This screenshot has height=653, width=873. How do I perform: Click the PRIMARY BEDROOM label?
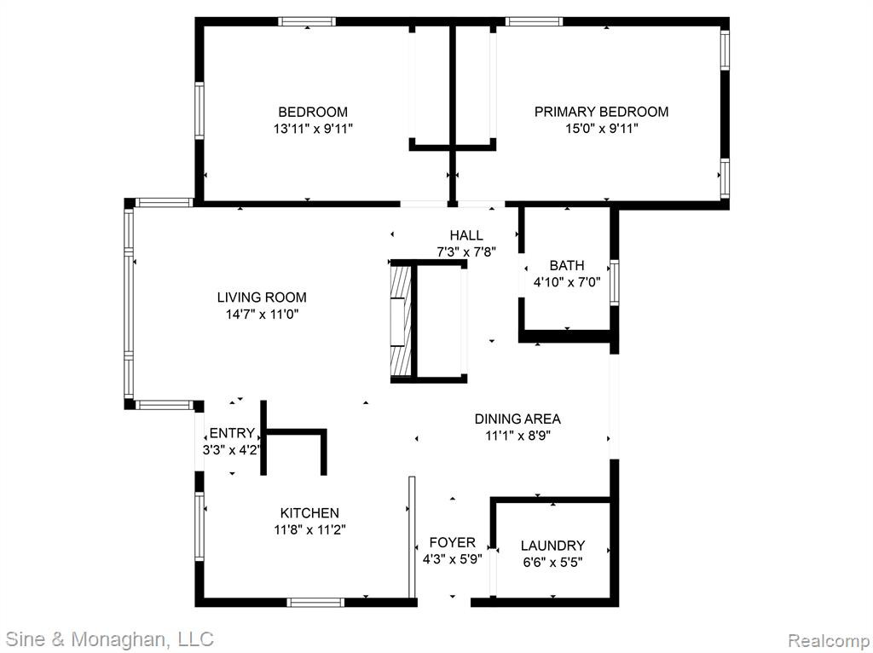(x=601, y=112)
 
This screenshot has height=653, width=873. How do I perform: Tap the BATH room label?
(x=567, y=265)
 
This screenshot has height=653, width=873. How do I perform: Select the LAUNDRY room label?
(x=552, y=546)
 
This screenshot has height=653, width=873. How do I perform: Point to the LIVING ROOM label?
(x=262, y=298)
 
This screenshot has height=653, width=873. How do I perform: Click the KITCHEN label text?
(x=309, y=512)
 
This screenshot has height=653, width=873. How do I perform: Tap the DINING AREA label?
(x=517, y=419)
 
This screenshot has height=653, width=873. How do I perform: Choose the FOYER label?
(x=452, y=542)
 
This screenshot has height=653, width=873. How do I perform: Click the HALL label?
(x=466, y=235)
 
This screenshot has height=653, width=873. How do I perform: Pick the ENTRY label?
(x=232, y=432)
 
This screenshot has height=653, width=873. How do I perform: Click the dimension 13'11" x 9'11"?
(x=313, y=129)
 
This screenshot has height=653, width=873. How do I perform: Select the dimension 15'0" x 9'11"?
(x=602, y=129)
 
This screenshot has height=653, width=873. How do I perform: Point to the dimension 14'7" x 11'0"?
(x=262, y=315)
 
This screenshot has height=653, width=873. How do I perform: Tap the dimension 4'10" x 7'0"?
(x=567, y=282)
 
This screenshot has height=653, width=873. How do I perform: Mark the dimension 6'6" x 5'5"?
(x=552, y=563)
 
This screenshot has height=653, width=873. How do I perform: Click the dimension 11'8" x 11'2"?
(x=309, y=530)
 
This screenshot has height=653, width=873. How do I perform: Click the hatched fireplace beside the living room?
(x=401, y=321)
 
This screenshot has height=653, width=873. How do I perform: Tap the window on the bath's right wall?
(x=615, y=281)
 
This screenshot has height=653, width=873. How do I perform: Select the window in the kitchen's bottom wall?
(x=315, y=602)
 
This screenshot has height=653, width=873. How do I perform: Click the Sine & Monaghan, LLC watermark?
(x=111, y=639)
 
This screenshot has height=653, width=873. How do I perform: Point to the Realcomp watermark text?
(x=829, y=640)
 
